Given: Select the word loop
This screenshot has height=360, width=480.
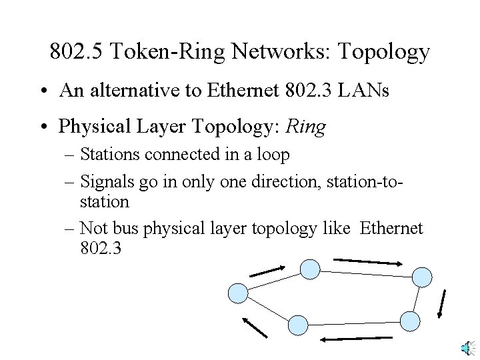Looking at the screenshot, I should [273, 155].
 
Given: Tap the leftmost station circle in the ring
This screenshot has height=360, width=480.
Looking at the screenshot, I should [239, 293].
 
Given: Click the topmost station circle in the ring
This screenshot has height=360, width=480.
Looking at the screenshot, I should [309, 269].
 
